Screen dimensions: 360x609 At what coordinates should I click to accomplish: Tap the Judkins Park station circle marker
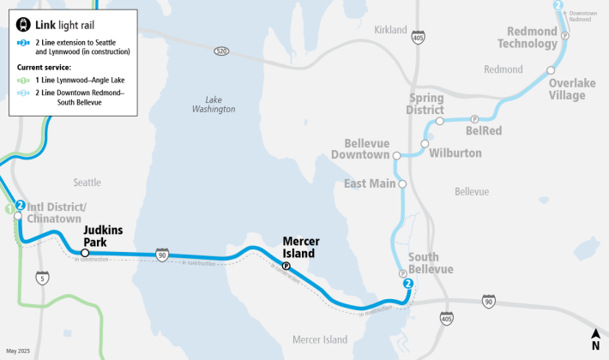tap(84, 253)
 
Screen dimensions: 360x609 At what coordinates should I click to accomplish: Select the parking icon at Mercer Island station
tap(286, 266)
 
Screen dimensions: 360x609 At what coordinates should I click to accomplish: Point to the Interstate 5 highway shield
tap(42, 278)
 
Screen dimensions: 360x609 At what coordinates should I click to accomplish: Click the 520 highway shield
tap(222, 51)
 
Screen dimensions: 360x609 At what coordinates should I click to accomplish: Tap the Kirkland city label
tap(390, 30)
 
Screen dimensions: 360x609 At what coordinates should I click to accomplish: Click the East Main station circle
tap(401, 183)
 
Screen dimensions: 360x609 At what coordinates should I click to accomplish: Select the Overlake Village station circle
tap(550, 70)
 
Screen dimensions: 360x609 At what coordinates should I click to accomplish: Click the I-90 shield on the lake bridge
tap(162, 255)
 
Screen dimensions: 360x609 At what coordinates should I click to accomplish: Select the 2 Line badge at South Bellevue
tap(408, 284)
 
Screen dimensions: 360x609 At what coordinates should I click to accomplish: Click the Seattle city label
tap(87, 182)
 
